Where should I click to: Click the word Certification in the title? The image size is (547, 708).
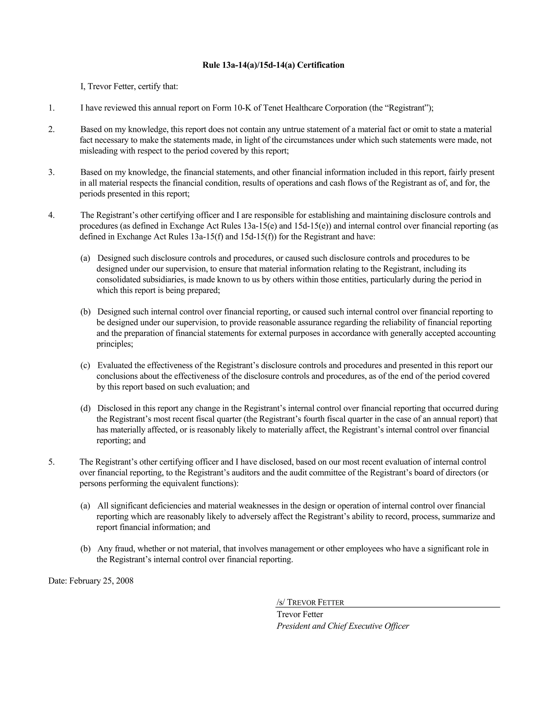coord(321,65)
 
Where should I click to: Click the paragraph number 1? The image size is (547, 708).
coord(52,108)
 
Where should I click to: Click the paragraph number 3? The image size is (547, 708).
coord(52,172)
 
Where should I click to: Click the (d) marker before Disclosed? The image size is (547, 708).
coord(85,408)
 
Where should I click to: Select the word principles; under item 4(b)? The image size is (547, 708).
coord(115,344)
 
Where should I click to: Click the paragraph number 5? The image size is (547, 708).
coord(52,462)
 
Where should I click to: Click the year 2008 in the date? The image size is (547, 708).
coord(125,581)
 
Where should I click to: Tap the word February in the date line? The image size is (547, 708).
coord(85,581)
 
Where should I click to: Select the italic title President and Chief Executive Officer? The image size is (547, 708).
coord(342,626)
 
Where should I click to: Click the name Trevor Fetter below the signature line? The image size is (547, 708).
coord(300,614)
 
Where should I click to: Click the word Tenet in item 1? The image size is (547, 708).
coord(273,108)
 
